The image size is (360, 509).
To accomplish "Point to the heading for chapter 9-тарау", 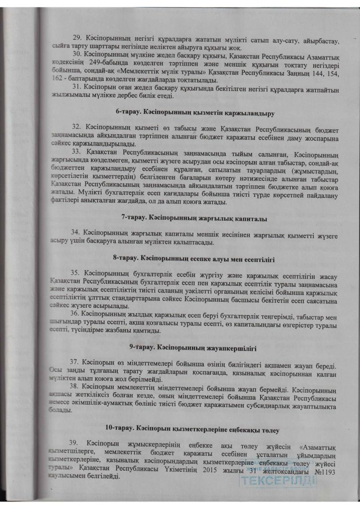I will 194,348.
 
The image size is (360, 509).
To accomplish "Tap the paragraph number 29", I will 77,38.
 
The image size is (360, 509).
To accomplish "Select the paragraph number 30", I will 77,54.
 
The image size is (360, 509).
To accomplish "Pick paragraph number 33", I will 77,150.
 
